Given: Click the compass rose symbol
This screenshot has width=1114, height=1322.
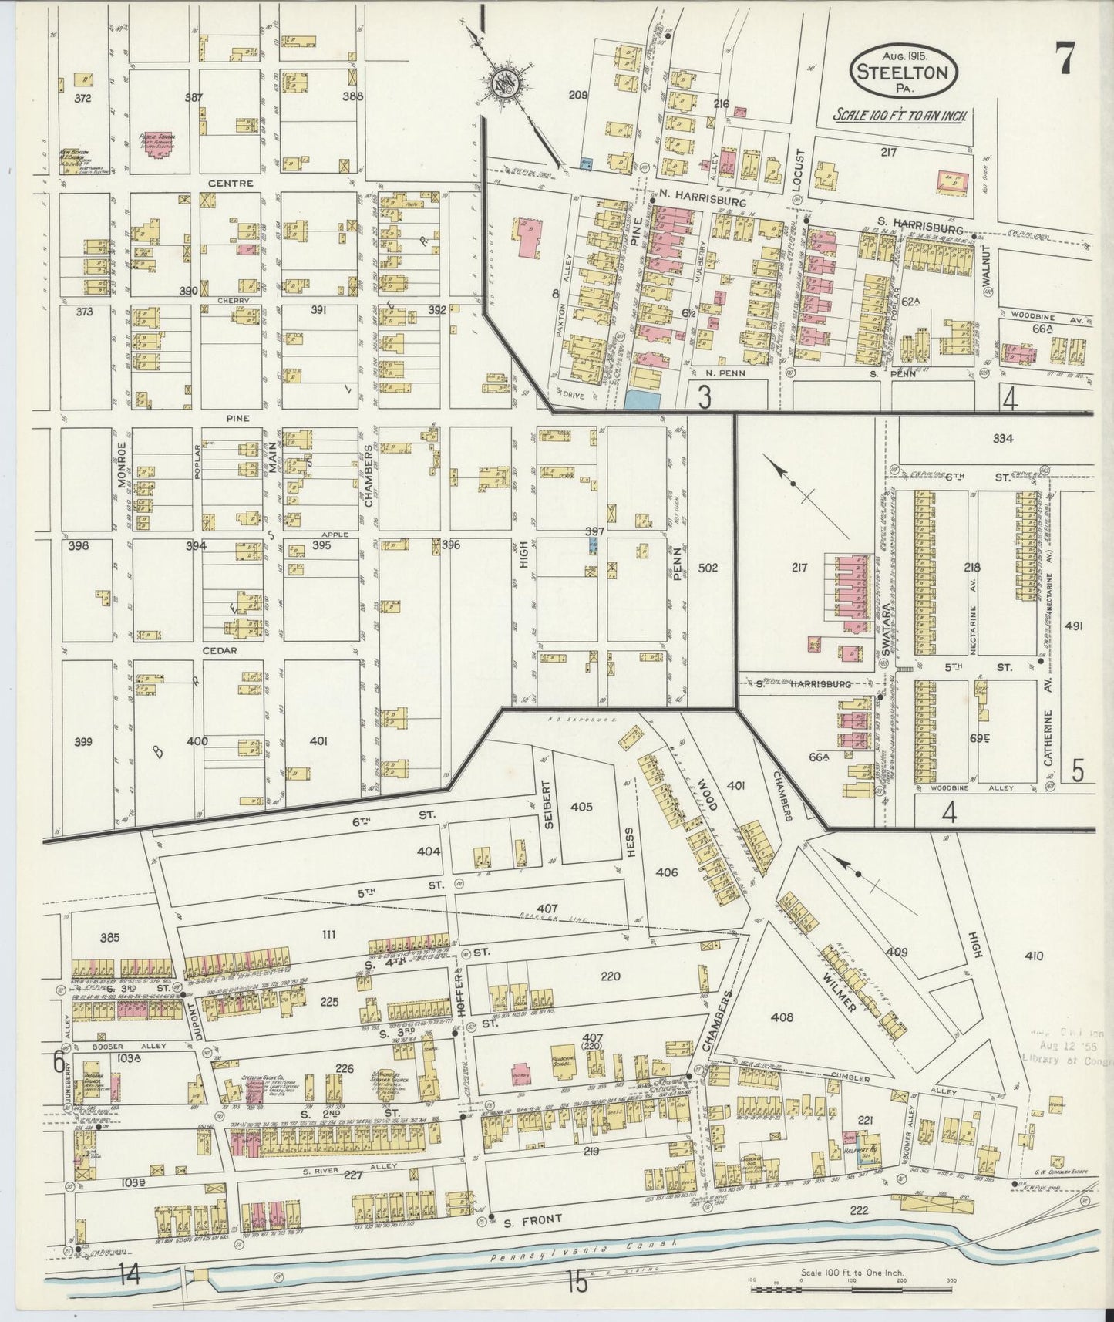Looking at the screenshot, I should click(508, 82).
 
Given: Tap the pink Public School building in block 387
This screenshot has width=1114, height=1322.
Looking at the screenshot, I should click(158, 143).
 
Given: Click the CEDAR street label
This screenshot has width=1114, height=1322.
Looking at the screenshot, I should click(219, 650).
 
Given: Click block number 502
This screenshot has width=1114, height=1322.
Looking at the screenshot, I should click(708, 568).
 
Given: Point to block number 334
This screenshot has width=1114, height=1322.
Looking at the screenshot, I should click(1002, 439).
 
